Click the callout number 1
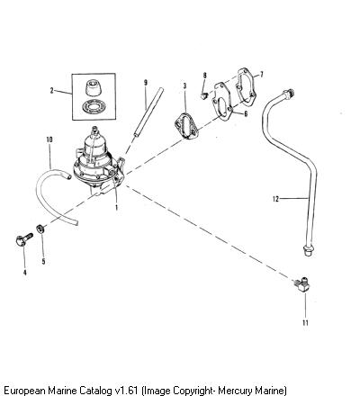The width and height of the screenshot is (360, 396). pos(116,207)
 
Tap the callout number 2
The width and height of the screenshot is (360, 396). pos(51,90)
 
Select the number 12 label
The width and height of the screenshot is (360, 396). pos(275,199)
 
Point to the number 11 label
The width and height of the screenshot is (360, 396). pos(305,323)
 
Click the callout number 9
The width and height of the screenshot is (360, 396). pos(146,82)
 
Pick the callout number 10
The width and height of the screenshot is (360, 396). pos(49,139)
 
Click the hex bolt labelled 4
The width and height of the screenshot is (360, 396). pos(24,239)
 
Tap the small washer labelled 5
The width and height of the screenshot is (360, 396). pos(40,229)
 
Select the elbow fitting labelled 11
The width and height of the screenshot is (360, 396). pos(302,284)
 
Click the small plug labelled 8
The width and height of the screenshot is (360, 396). pos(204,96)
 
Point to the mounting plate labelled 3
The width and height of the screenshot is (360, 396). pos(186,126)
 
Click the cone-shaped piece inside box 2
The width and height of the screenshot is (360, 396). pos(94,86)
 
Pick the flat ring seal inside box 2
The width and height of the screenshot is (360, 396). pos(94,106)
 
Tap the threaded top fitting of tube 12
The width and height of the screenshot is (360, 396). pos(289,94)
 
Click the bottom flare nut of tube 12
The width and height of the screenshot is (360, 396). pos(308,250)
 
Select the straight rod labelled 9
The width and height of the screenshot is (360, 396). pos(148,112)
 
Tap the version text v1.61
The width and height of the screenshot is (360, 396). pos(127,391)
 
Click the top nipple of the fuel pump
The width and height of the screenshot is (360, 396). pos(94,130)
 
